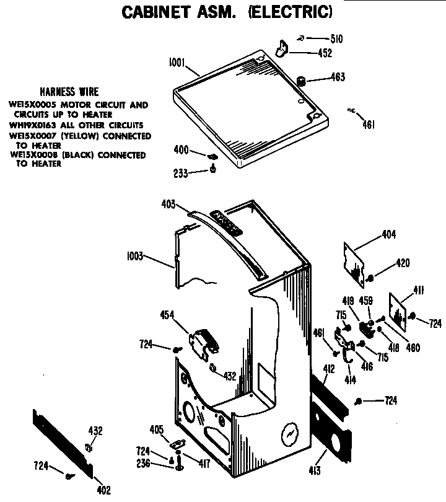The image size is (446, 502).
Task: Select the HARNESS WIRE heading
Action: pyautogui.click(x=69, y=92)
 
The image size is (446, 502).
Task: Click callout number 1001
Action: pyautogui.click(x=178, y=62)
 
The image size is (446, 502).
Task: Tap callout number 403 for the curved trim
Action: pyautogui.click(x=168, y=204)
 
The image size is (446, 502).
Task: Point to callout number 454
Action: pyautogui.click(x=166, y=315)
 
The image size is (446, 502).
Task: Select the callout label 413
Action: pyautogui.click(x=315, y=471)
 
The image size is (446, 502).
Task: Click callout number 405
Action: pyautogui.click(x=156, y=429)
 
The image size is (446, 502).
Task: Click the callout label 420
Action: pyautogui.click(x=403, y=264)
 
